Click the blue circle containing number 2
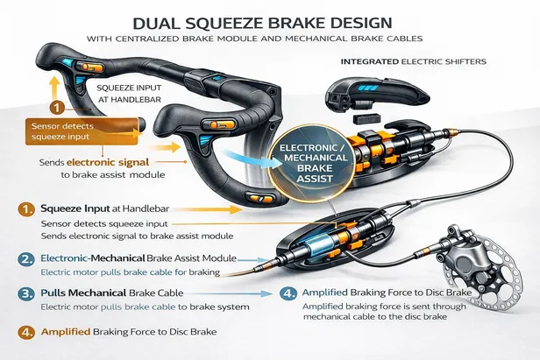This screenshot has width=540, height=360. coord(25,259)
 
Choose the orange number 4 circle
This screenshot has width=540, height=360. coord(25,334)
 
